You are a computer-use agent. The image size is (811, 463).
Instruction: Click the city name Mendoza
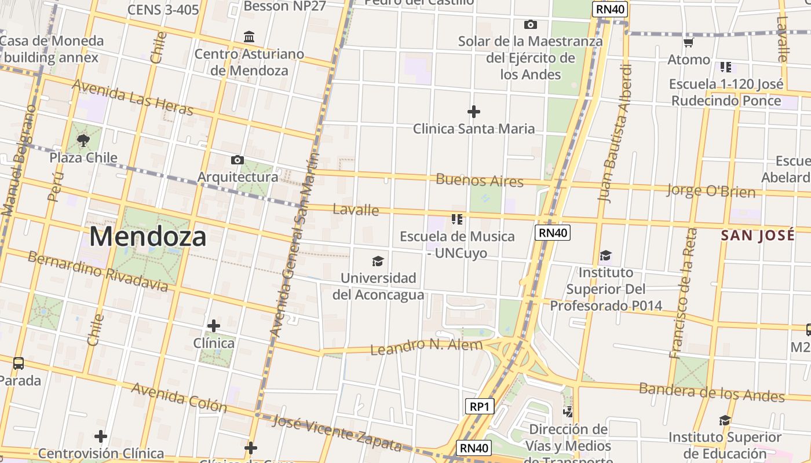(148, 237)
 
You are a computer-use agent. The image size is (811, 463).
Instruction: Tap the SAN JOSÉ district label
(757, 236)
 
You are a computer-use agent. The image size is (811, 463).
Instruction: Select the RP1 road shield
(480, 406)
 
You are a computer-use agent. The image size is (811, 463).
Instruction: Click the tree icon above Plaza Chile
(83, 140)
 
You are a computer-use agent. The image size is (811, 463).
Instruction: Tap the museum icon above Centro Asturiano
(249, 37)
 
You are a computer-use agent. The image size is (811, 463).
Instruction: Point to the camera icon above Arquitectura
(237, 160)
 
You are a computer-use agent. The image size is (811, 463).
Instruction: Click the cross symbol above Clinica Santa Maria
(474, 111)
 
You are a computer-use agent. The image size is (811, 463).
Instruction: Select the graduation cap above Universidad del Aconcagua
(378, 262)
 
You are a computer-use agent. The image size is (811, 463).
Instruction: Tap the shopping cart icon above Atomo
(688, 42)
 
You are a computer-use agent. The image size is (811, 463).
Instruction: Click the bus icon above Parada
(19, 363)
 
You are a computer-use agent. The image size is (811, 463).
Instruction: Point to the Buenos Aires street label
(480, 180)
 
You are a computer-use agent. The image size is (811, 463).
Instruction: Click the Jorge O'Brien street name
(711, 190)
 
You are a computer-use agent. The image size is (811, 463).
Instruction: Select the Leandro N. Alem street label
(426, 347)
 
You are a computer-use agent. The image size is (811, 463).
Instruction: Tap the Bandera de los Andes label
(711, 392)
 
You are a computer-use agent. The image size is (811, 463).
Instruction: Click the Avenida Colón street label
(179, 396)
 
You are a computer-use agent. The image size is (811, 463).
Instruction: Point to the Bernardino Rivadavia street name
(98, 271)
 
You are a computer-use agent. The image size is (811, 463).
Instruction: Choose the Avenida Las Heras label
(132, 97)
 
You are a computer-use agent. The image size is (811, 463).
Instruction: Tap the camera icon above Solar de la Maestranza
(530, 24)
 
